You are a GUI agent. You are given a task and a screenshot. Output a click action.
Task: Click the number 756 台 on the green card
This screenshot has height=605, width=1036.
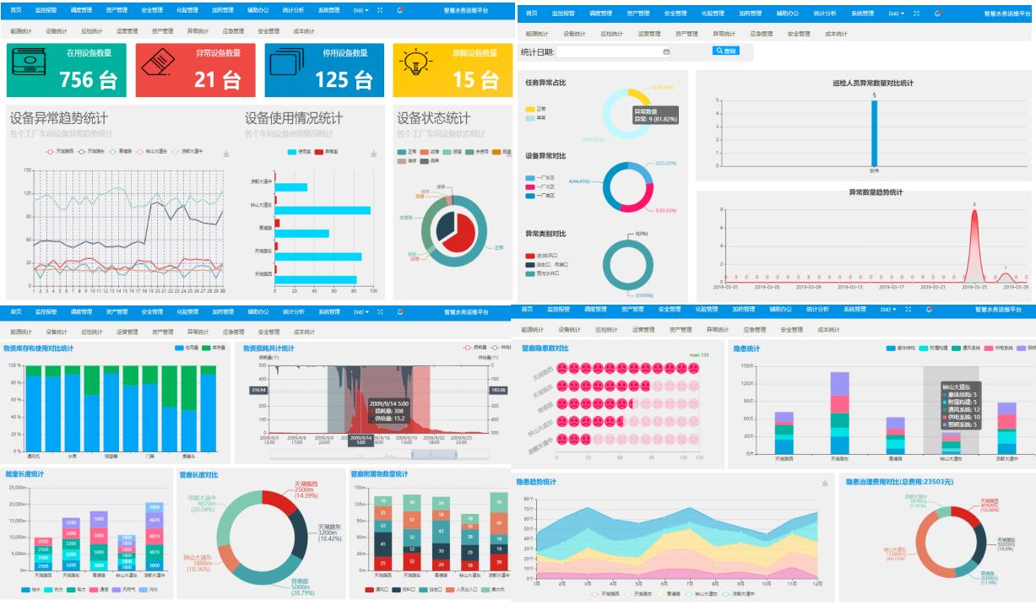coord(88,79)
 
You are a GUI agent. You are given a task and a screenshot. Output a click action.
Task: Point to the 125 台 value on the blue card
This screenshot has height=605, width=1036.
coord(343,79)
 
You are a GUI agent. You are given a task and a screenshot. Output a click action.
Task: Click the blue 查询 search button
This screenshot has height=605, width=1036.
coord(725,51)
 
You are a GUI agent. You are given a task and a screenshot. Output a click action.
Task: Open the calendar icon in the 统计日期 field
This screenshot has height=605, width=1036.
coord(666,51)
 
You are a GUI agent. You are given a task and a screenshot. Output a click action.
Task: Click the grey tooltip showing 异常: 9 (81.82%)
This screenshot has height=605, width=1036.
coord(655,115)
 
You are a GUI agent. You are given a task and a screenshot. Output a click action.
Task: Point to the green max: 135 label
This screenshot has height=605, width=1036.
coord(699,354)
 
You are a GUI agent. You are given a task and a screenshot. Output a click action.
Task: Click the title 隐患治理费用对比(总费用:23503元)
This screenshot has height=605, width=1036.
coord(899,482)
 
